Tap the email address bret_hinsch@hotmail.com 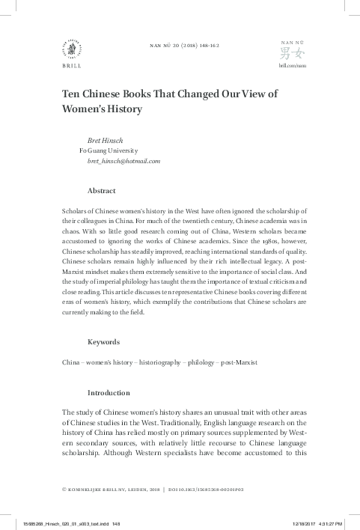123,162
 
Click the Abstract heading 101,191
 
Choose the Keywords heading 103,342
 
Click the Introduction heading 109,392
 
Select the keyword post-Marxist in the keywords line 237,362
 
